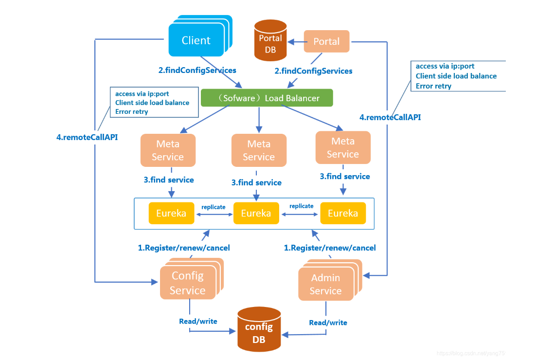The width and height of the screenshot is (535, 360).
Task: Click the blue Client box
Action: pyautogui.click(x=196, y=40)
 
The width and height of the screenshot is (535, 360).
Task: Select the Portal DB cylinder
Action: pyautogui.click(x=270, y=41)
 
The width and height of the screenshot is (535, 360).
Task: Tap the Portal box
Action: pyautogui.click(x=326, y=41)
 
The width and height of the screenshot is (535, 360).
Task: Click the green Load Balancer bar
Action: pyautogui.click(x=267, y=98)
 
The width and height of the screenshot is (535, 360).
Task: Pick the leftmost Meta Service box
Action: pyautogui.click(x=168, y=150)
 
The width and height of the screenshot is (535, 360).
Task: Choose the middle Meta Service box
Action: pyautogui.click(x=259, y=150)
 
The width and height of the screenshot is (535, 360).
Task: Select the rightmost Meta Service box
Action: pyautogui.click(x=343, y=147)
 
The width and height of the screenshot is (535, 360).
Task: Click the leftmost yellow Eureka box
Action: pyautogui.click(x=171, y=213)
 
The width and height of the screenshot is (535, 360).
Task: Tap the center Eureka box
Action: pyautogui.click(x=256, y=213)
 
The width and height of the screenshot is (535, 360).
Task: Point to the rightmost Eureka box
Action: pyautogui.click(x=343, y=213)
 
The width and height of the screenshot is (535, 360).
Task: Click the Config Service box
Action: pyautogui.click(x=187, y=283)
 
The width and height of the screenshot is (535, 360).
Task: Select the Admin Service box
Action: pyautogui.click(x=325, y=284)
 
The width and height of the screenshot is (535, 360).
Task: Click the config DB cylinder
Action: pyautogui.click(x=259, y=329)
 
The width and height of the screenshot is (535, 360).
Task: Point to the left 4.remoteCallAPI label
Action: pyautogui.click(x=87, y=137)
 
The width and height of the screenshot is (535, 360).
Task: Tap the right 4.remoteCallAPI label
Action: pyautogui.click(x=390, y=117)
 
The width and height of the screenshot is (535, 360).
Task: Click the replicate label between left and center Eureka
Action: pyautogui.click(x=214, y=207)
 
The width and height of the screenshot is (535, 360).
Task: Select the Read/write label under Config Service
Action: pyautogui.click(x=198, y=321)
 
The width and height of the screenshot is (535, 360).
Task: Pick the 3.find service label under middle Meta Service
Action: pyautogui.click(x=256, y=183)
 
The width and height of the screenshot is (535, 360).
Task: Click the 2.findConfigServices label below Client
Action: pyautogui.click(x=197, y=71)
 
